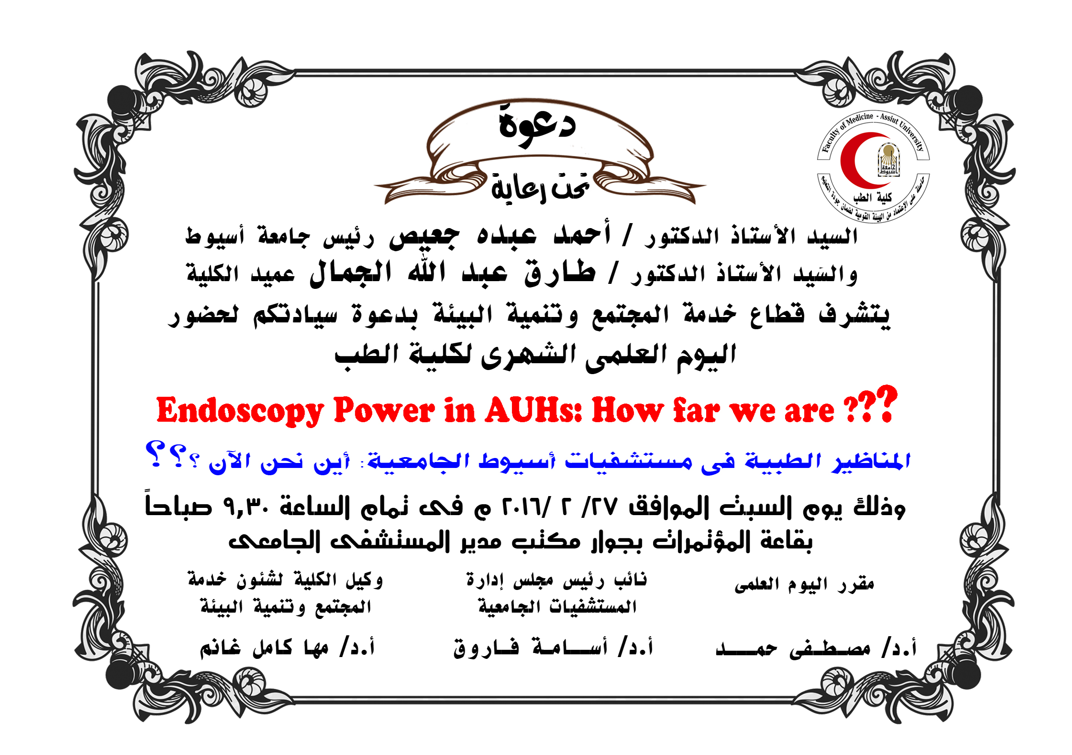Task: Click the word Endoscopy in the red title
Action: (240, 411)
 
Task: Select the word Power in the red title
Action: (384, 411)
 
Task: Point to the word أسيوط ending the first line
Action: (215, 235)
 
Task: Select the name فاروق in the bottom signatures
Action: (486, 648)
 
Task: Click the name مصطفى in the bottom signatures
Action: (830, 648)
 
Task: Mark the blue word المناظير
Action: (871, 462)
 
